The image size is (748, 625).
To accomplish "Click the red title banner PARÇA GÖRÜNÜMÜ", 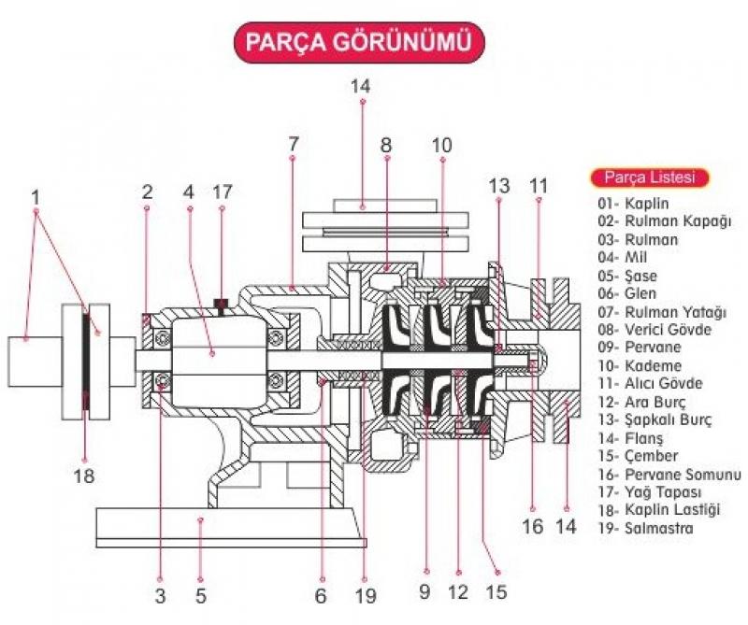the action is [x=359, y=42].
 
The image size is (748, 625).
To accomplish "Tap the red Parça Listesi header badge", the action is [x=649, y=178].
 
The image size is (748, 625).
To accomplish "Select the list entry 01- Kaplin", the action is [x=633, y=203].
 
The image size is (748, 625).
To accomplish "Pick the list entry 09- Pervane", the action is [x=640, y=347].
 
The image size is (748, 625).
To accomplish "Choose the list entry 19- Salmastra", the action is [x=645, y=528].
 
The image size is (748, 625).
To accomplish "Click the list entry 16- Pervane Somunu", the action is [x=669, y=475].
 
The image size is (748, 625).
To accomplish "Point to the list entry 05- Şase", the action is [x=626, y=276].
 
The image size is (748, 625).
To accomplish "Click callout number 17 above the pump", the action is [x=223, y=192].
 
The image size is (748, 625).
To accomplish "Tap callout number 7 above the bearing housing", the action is [x=294, y=144].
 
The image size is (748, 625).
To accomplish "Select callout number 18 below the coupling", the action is [x=84, y=476].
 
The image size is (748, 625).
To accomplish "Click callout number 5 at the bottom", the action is [x=201, y=595].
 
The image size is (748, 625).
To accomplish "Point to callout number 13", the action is [x=499, y=186].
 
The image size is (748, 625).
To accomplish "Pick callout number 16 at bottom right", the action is [x=533, y=526].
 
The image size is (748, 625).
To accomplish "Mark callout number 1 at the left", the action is [x=36, y=196].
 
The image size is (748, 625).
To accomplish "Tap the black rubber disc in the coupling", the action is [x=85, y=362].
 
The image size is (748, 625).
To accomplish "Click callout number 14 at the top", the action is [x=360, y=86].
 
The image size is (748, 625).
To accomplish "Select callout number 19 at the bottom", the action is [x=366, y=595].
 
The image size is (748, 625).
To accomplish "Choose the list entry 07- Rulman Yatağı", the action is [x=662, y=312].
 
